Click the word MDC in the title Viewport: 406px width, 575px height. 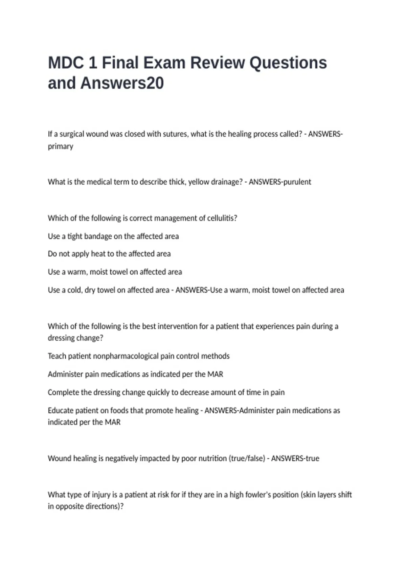coord(66,63)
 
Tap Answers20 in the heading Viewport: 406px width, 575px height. coord(122,83)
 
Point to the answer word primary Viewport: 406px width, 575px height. coord(61,146)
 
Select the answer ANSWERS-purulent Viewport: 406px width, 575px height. coord(280,182)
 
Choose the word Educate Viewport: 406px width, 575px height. coord(60,411)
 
